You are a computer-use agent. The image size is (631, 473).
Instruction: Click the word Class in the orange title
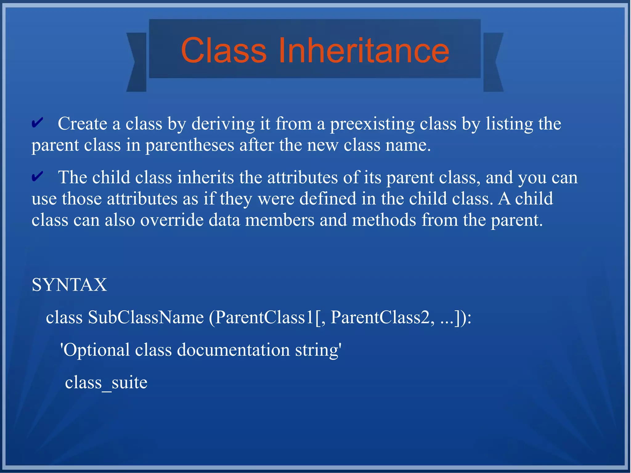click(224, 50)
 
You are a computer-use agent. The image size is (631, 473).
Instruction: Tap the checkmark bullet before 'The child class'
click(37, 177)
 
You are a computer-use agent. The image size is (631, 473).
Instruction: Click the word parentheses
click(190, 145)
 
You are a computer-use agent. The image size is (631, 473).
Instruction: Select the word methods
click(384, 220)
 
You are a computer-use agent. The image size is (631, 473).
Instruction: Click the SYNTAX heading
click(69, 284)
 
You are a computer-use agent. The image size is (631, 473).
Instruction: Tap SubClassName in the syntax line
click(146, 317)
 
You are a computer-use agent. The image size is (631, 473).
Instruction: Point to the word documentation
click(233, 350)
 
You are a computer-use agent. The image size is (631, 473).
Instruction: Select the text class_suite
click(106, 382)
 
